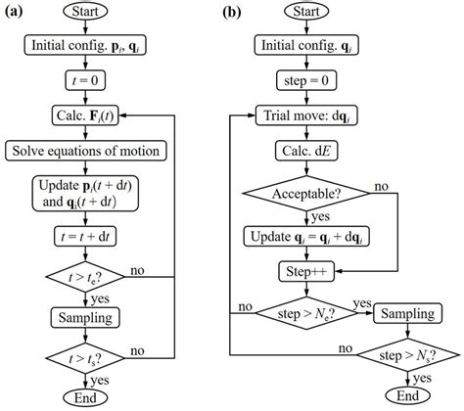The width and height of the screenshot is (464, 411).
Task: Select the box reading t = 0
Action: coord(89,80)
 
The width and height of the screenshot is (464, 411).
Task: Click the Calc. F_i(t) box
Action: coord(89,114)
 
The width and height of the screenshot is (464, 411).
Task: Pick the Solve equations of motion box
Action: coord(89,151)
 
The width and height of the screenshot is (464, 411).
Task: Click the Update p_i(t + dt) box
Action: coord(89,192)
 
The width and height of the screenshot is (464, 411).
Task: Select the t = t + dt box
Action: coord(89,235)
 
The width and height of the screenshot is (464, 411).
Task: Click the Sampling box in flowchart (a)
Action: coord(89,317)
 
